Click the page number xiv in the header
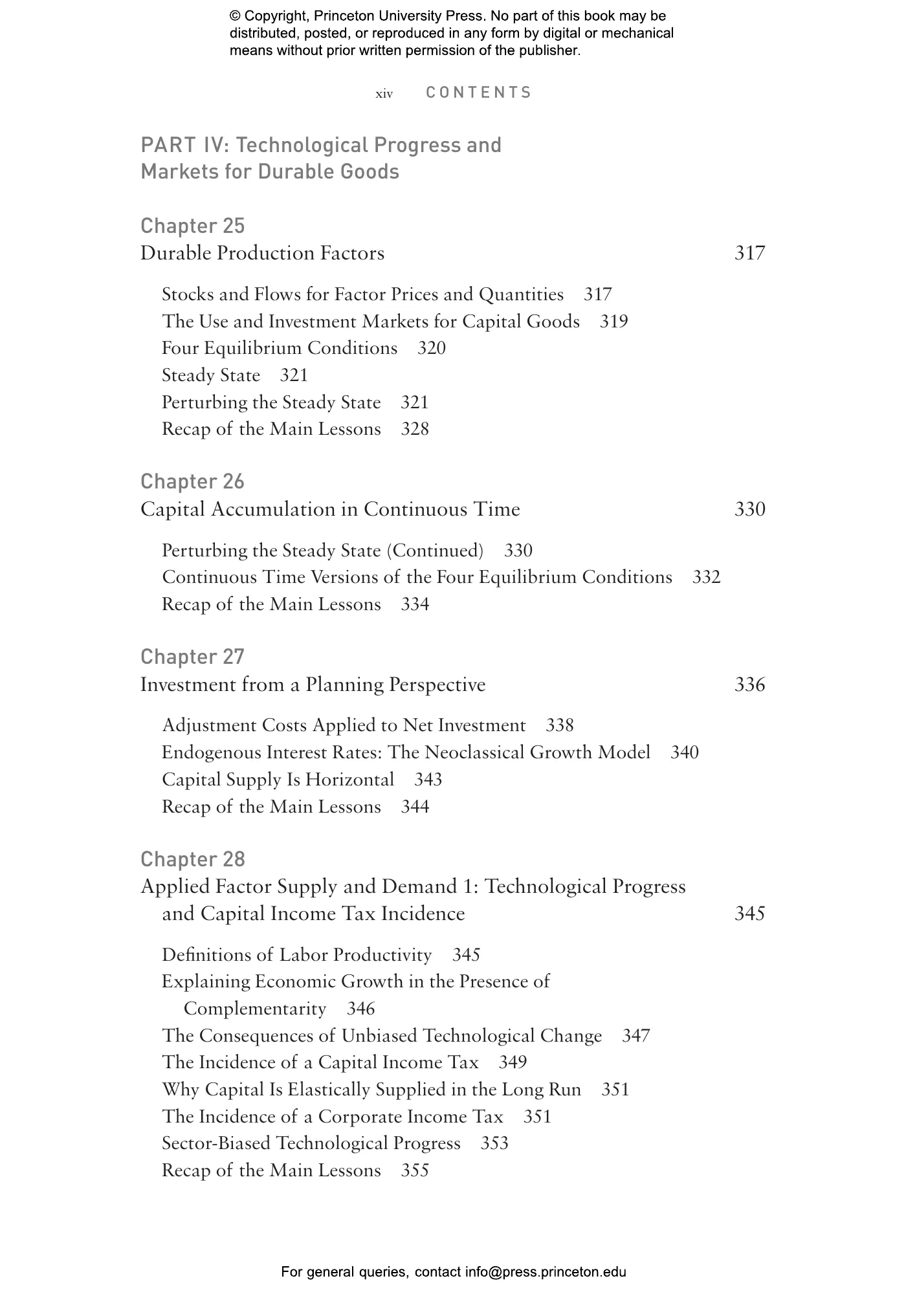pyautogui.click(x=384, y=94)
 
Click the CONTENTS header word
pyautogui.click(x=478, y=93)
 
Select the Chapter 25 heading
pyautogui.click(x=192, y=226)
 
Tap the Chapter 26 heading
pyautogui.click(x=192, y=481)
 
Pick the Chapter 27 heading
pyautogui.click(x=192, y=657)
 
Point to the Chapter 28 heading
pyautogui.click(x=192, y=859)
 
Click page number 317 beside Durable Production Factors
pyautogui.click(x=749, y=253)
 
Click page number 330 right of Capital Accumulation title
pyautogui.click(x=749, y=509)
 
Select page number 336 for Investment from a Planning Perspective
pyautogui.click(x=749, y=685)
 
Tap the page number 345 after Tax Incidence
pyautogui.click(x=749, y=914)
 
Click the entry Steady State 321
pyautogui.click(x=234, y=375)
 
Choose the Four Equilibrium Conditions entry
pyautogui.click(x=279, y=348)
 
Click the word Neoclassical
pyautogui.click(x=474, y=752)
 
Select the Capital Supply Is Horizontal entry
pyautogui.click(x=278, y=780)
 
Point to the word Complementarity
pyautogui.click(x=255, y=1009)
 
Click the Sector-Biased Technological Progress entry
pyautogui.click(x=311, y=1143)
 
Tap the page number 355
pyautogui.click(x=415, y=1170)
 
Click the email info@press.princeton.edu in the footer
pyautogui.click(x=546, y=1272)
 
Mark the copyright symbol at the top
pyautogui.click(x=234, y=16)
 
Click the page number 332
pyautogui.click(x=706, y=577)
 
